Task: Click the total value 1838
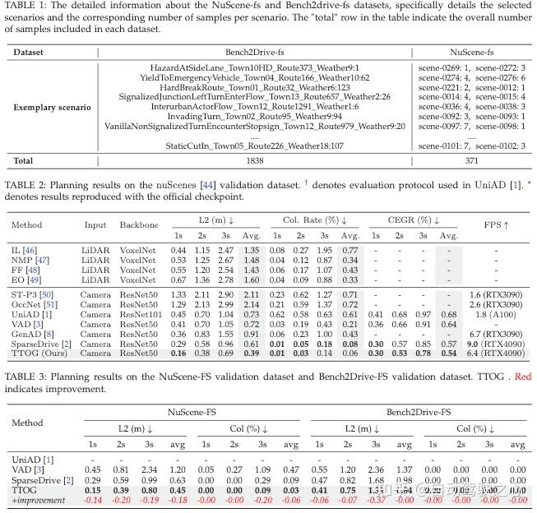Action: [x=255, y=159]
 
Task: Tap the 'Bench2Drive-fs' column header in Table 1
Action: [x=255, y=52]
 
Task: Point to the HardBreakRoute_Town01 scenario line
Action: [x=255, y=86]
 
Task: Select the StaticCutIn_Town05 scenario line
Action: [x=255, y=146]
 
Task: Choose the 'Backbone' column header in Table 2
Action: [x=137, y=224]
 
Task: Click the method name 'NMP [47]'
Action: [x=31, y=260]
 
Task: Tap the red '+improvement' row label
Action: [x=42, y=501]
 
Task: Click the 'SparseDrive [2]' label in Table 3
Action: [x=39, y=479]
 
